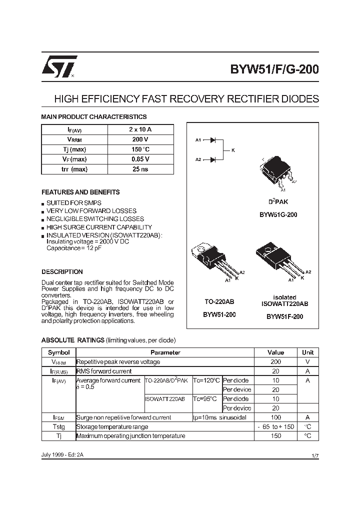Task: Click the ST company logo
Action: (x=59, y=66)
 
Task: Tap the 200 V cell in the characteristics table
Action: (x=140, y=139)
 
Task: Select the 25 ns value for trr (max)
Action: (x=140, y=169)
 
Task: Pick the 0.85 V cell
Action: (x=140, y=159)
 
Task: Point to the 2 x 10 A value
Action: (x=140, y=129)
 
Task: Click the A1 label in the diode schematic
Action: (x=198, y=140)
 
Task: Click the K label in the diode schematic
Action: (x=233, y=150)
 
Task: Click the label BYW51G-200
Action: (x=278, y=214)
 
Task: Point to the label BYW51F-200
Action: (x=284, y=316)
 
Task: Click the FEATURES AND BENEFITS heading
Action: (x=80, y=192)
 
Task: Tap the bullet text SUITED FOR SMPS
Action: (x=74, y=203)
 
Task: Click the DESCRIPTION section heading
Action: (x=62, y=272)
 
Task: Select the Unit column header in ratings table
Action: (x=307, y=352)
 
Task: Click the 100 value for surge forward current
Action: (x=275, y=417)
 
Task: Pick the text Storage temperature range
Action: (x=112, y=426)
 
